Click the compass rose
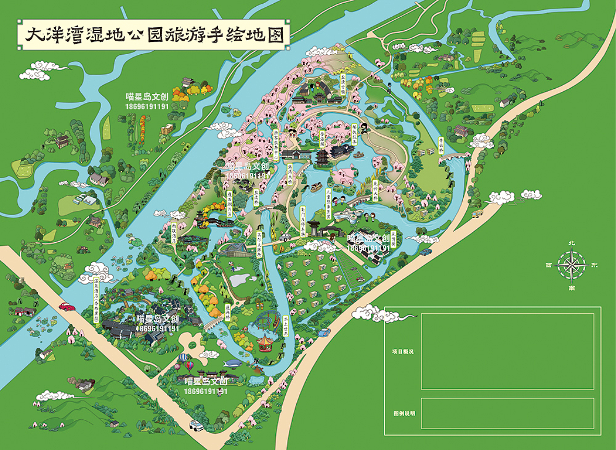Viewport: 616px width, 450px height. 572,265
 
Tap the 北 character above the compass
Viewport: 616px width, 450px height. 572,243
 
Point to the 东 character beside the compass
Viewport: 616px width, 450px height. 595,265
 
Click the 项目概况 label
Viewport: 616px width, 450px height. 403,352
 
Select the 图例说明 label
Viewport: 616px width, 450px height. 404,413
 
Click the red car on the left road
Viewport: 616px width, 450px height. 67,306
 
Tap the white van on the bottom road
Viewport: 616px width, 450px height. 197,425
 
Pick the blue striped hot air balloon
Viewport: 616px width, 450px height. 184,359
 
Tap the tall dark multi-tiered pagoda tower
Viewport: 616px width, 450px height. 321,156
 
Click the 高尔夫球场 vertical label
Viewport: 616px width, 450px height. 258,241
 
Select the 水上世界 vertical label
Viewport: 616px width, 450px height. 286,326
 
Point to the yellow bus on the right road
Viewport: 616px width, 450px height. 477,214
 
